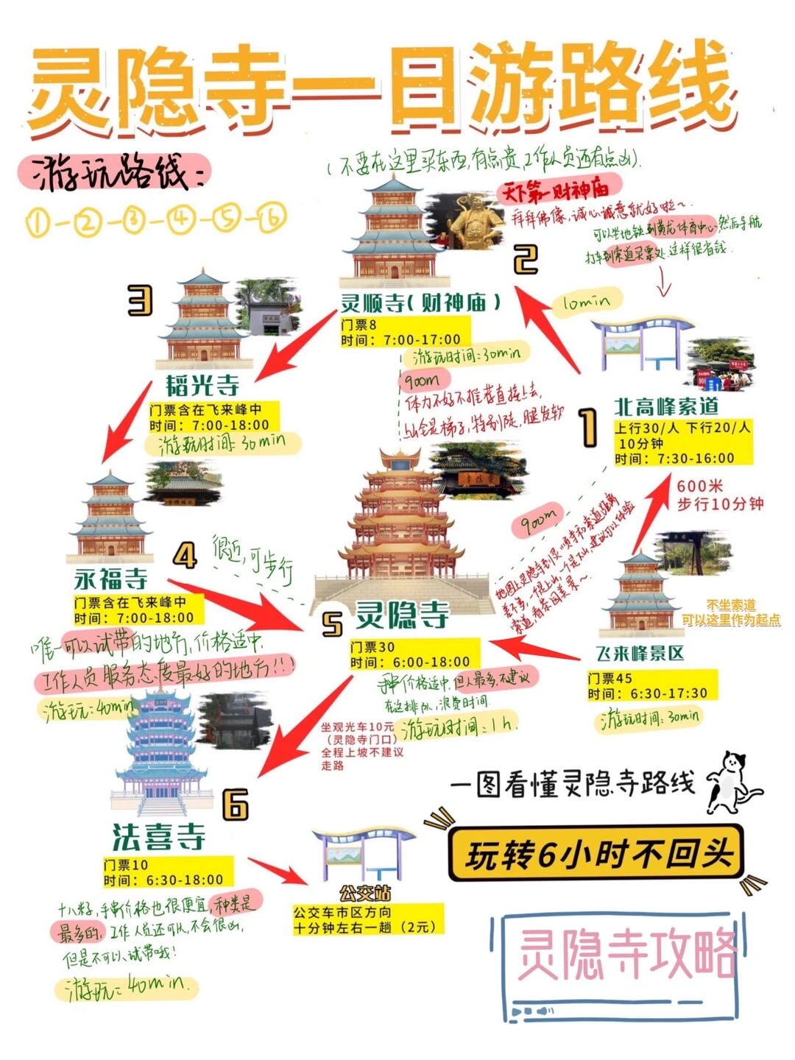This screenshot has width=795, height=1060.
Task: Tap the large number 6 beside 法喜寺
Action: [236, 803]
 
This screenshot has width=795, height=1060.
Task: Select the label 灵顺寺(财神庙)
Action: [420, 303]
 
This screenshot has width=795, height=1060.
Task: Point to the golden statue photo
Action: [470, 221]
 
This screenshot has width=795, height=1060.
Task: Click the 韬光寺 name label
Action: [202, 385]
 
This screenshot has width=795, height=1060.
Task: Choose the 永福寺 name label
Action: [110, 579]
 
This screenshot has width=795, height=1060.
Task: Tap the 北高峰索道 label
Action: [666, 406]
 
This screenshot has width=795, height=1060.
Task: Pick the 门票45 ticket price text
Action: [610, 678]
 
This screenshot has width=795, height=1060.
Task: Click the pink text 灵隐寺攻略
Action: [626, 954]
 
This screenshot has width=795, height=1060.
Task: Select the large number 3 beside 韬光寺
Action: [140, 300]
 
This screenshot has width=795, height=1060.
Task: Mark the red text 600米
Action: [700, 486]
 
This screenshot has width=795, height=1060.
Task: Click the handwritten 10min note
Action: [587, 302]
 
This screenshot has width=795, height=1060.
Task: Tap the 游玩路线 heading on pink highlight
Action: [110, 174]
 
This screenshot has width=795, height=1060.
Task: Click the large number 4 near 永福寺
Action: [185, 556]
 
